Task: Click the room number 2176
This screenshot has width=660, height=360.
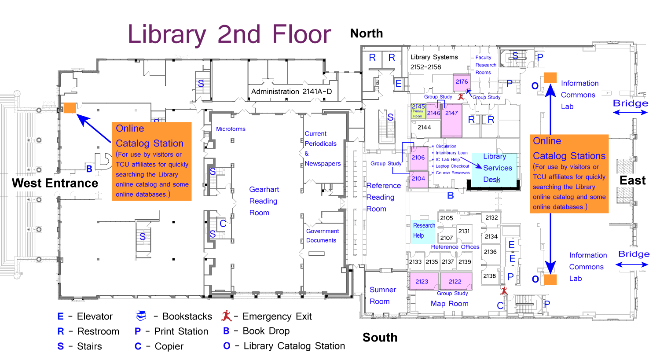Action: [462, 82]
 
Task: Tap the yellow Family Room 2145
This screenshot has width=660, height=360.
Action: [418, 111]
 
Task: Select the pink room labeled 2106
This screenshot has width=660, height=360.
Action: [418, 158]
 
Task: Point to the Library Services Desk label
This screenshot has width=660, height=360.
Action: [497, 168]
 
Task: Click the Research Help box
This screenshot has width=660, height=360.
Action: [423, 231]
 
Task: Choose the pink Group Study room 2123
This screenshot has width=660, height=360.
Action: [422, 282]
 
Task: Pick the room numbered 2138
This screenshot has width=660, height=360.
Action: [489, 276]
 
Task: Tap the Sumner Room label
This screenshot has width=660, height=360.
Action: [382, 295]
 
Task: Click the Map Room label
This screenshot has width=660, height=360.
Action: [449, 304]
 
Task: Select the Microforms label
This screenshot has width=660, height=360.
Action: [231, 129]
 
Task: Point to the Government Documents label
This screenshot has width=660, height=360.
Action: [322, 235]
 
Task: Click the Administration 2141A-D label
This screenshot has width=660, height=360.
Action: [291, 92]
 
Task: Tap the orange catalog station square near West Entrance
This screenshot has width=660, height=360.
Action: [70, 108]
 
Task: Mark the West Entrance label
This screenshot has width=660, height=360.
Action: [55, 183]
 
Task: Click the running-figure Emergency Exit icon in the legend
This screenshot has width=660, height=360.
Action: [227, 316]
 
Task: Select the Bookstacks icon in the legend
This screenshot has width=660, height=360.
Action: [141, 316]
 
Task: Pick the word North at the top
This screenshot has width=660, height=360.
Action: [367, 33]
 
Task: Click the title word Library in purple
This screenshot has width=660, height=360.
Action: [167, 34]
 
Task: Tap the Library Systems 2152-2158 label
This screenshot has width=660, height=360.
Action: [433, 62]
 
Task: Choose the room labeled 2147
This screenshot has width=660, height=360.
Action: [451, 113]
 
